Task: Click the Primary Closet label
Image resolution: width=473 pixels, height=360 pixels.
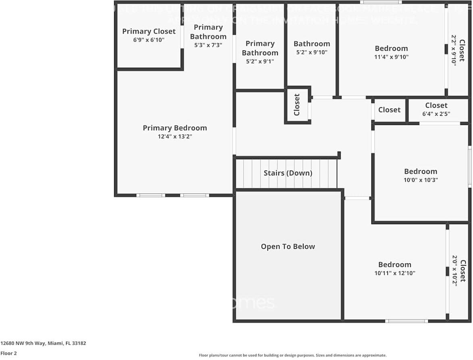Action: click(149, 31)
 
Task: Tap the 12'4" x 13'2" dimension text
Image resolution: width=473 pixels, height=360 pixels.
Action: click(175, 137)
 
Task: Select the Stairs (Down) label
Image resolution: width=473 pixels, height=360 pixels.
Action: click(288, 173)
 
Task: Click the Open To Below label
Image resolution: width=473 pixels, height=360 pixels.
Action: click(288, 246)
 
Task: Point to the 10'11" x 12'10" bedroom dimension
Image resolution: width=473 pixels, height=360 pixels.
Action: click(395, 273)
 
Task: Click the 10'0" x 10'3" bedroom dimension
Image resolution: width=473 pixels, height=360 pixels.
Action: click(421, 180)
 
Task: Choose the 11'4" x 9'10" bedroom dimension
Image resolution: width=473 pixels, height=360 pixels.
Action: click(391, 57)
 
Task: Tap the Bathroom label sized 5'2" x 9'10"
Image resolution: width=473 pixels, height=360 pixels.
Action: click(312, 44)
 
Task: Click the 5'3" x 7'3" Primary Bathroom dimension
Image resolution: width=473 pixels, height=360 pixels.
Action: click(208, 45)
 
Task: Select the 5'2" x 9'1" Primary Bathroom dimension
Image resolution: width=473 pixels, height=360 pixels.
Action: click(260, 61)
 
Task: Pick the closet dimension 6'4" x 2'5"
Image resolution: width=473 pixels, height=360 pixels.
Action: click(436, 114)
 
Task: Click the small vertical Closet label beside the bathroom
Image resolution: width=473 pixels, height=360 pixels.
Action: click(297, 105)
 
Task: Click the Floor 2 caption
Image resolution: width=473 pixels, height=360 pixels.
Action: click(8, 353)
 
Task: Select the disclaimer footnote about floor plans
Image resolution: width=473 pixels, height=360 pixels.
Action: click(292, 355)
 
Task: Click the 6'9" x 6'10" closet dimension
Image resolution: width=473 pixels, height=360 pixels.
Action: click(149, 40)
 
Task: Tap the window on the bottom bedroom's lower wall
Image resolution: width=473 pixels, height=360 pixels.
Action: click(406, 321)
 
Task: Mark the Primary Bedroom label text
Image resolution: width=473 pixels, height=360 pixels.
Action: click(175, 128)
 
